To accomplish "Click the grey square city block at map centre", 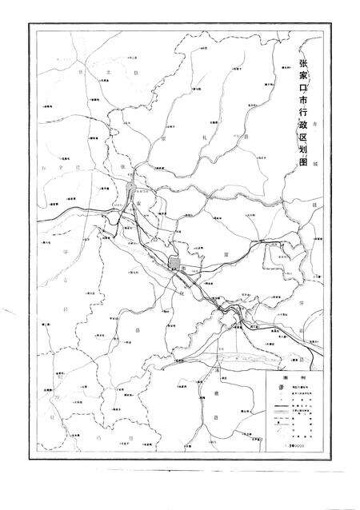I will coord(175,264).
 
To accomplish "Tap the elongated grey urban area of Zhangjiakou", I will coord(132,190).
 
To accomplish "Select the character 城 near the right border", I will coord(317,162).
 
